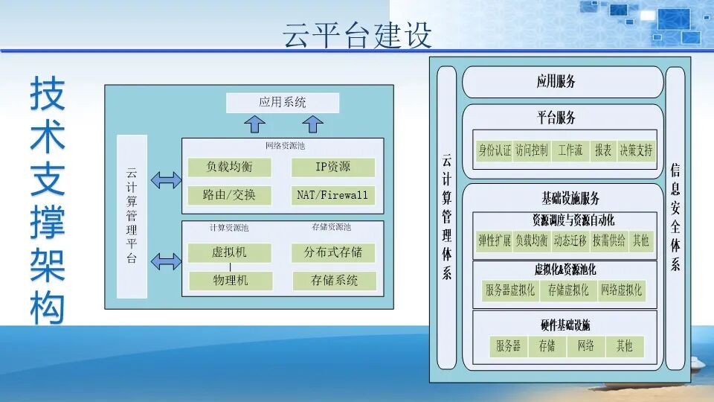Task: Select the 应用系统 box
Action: tap(283, 103)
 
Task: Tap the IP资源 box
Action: tap(332, 167)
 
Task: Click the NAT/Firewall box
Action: tap(332, 195)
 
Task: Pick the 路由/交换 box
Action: tap(231, 195)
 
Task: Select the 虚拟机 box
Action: tap(229, 252)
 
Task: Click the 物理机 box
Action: tap(229, 281)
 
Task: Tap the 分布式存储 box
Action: tap(333, 252)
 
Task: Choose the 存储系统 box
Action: tap(333, 281)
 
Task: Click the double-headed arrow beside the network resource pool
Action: tap(165, 180)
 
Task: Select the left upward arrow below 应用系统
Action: tap(251, 123)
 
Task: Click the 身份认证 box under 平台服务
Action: tap(494, 150)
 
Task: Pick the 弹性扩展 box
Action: tap(494, 240)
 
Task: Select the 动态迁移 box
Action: tap(570, 240)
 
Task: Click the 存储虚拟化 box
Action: tap(568, 290)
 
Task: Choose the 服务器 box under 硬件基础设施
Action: tap(509, 345)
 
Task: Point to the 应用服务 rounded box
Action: tap(562, 82)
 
